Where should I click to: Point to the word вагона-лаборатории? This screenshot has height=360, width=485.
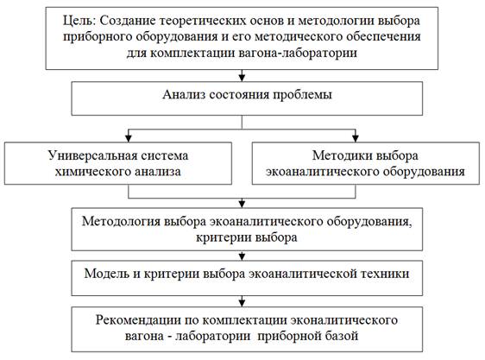click(x=299, y=53)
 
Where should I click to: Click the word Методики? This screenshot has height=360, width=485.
click(x=338, y=155)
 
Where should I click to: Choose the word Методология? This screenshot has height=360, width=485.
click(x=121, y=222)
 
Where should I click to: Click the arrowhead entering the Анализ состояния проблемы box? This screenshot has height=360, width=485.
click(x=243, y=77)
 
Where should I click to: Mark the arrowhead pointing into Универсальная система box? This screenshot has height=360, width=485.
click(x=129, y=138)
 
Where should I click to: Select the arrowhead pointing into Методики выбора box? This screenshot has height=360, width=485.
click(x=356, y=138)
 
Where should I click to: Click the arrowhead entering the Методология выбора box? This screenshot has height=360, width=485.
click(x=243, y=204)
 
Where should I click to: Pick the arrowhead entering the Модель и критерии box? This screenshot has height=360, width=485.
click(x=243, y=256)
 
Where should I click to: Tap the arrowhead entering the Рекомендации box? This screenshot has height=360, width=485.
click(x=243, y=302)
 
